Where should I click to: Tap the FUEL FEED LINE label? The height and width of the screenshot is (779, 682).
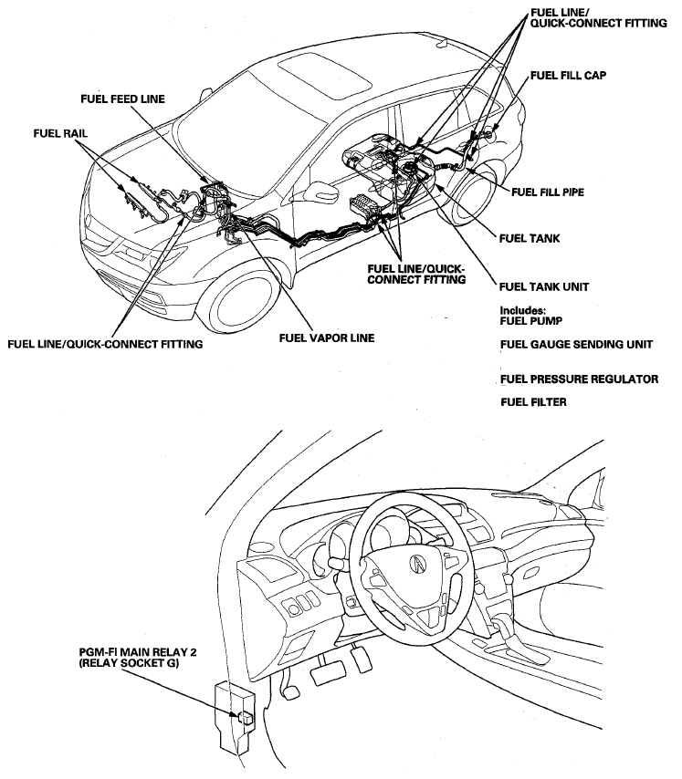pos(121,99)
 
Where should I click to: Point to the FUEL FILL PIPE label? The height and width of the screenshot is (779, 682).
pos(548,192)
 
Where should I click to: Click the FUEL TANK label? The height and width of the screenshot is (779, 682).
pos(530,239)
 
